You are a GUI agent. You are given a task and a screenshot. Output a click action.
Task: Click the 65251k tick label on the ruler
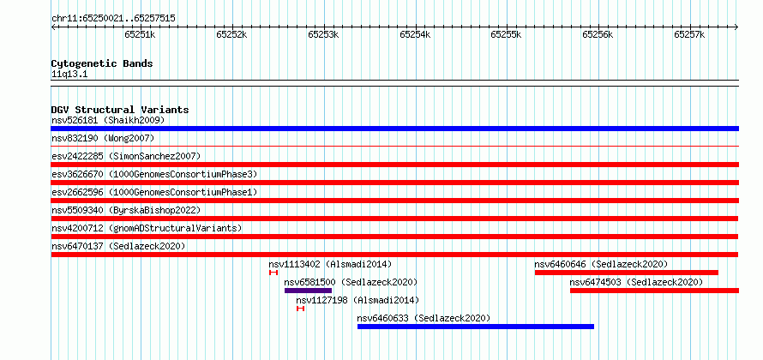[x=140, y=34]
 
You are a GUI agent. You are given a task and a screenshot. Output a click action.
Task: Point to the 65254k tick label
[x=415, y=34]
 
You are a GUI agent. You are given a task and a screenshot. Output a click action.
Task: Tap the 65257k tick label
[x=689, y=34]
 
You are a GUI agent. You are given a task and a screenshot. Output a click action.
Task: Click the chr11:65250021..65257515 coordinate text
[x=113, y=19]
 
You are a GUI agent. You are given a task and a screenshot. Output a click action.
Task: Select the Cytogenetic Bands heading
[x=102, y=63]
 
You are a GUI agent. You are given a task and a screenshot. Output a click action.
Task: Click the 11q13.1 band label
[x=69, y=75]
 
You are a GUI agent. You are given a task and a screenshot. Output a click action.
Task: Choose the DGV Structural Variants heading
[x=120, y=110]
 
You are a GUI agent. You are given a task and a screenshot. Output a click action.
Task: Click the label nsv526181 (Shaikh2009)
[x=108, y=120]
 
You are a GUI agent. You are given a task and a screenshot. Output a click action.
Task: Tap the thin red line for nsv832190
[x=394, y=146]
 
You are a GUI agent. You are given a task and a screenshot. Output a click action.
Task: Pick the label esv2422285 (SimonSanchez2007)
[x=126, y=156]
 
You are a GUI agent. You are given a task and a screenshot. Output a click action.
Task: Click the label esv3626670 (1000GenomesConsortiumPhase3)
[x=154, y=174]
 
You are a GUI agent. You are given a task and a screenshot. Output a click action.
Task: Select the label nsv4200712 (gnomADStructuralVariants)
[x=147, y=228]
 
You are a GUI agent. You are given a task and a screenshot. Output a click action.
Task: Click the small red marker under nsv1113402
[x=273, y=273]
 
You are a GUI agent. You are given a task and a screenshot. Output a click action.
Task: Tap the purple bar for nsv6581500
[x=308, y=291]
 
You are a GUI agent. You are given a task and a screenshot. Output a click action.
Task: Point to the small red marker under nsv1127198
[x=301, y=309]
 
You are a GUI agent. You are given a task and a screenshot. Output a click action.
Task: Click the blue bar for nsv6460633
[x=476, y=327]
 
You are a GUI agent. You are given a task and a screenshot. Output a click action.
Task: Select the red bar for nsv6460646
[x=627, y=273]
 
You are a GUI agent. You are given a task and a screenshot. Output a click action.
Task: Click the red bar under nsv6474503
[x=654, y=291]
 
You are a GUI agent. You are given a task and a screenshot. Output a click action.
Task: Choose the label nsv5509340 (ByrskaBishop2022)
[x=126, y=210]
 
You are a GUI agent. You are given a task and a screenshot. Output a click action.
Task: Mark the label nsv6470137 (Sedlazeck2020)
[x=118, y=246]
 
